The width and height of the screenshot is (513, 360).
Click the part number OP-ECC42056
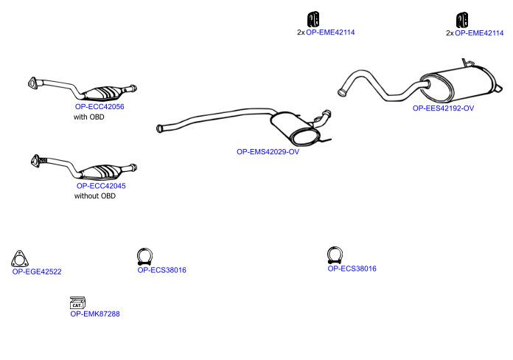(x=100, y=106)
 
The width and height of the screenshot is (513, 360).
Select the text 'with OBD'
(x=89, y=117)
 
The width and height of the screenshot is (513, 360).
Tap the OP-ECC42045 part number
(x=101, y=186)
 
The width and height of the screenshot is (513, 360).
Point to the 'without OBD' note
(x=95, y=196)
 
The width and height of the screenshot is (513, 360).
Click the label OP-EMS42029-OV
(x=268, y=152)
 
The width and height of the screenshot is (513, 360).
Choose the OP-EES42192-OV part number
(x=443, y=108)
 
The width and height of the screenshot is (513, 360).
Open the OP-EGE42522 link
(x=37, y=271)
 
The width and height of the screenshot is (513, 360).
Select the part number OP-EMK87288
(x=95, y=314)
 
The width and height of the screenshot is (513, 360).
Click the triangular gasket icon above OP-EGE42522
(x=20, y=259)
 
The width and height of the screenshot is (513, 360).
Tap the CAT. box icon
(x=77, y=303)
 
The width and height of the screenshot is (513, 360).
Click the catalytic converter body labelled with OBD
(x=102, y=94)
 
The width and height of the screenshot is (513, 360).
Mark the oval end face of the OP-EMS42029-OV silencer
(x=306, y=137)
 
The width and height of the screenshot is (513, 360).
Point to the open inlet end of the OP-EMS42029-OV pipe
(x=160, y=128)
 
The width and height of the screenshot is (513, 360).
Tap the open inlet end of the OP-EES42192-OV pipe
(x=341, y=92)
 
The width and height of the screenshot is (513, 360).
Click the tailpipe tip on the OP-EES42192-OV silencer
(x=498, y=89)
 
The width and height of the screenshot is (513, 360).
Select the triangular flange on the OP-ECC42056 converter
(x=32, y=83)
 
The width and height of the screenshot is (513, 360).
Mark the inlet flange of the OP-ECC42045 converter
(x=35, y=161)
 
